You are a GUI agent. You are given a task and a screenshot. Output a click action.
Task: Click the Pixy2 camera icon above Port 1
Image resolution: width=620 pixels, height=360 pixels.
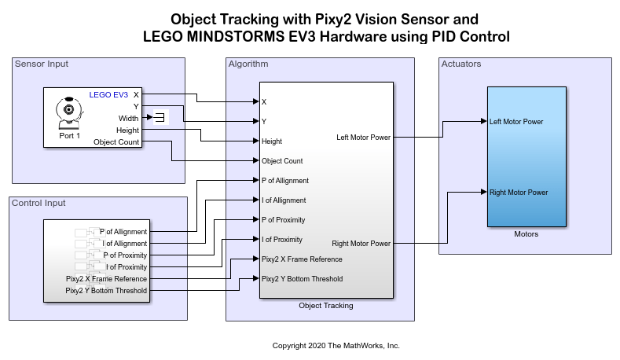coord(69,112)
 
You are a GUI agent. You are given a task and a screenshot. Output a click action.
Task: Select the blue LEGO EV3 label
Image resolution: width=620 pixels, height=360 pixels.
coord(108,95)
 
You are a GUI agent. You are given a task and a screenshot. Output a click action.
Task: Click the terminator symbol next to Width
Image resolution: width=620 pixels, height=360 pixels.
coord(160,118)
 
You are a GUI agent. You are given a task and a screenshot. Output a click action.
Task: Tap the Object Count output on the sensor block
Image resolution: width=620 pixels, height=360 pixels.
coord(116,142)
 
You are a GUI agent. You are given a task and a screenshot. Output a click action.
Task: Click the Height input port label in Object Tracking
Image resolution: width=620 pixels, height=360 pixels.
coord(272,141)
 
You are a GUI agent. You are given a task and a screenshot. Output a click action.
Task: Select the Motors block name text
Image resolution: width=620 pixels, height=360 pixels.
coord(526,233)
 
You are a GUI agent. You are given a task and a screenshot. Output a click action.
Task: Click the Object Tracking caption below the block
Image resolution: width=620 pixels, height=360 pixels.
coord(325,306)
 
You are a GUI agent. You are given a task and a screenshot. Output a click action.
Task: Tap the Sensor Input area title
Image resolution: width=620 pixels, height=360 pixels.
coord(42,64)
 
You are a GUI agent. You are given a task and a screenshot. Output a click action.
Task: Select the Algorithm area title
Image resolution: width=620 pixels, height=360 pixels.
coord(248,64)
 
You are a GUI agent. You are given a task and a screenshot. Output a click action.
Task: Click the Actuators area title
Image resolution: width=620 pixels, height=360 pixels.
coord(461,64)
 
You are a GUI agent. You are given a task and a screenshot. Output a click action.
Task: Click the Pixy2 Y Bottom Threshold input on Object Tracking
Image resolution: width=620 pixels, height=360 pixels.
coord(302,279)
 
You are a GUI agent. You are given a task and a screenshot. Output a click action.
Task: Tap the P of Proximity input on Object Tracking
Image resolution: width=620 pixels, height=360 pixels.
coord(283,220)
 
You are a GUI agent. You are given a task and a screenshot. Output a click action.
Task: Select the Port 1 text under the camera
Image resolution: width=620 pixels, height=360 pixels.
coord(69,135)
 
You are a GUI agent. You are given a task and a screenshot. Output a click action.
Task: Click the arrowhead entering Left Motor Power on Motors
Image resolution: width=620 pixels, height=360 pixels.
coord(484,121)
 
